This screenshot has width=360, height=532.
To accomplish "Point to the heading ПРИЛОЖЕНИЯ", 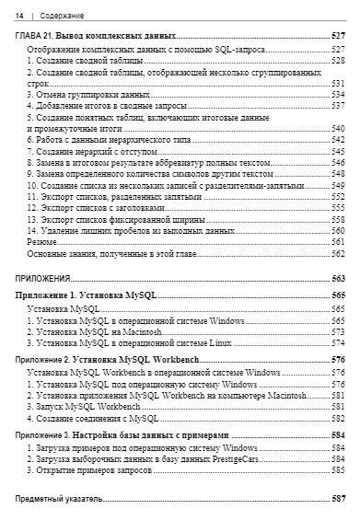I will click(x=44, y=279).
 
